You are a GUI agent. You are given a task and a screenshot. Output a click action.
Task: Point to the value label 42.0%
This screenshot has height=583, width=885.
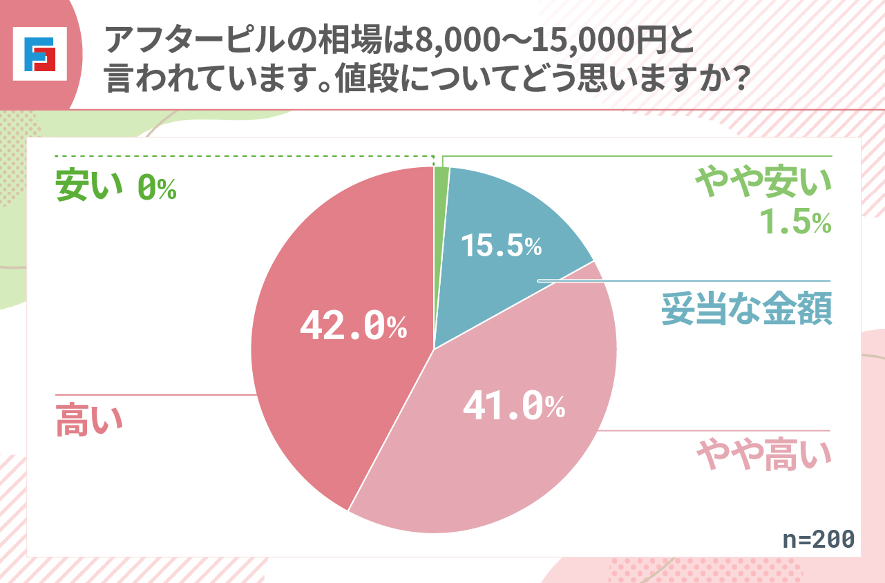pyautogui.click(x=353, y=327)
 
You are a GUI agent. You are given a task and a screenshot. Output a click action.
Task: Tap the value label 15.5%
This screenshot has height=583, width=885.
pyautogui.click(x=501, y=245)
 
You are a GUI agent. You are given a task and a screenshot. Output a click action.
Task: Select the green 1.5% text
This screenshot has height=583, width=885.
pyautogui.click(x=794, y=221)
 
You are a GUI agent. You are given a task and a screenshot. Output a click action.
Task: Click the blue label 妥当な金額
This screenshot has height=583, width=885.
pyautogui.click(x=746, y=309)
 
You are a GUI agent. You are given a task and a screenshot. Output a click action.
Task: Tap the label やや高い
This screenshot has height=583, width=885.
pyautogui.click(x=763, y=455)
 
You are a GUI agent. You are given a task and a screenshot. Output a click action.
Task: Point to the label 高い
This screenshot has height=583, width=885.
pyautogui.click(x=88, y=420)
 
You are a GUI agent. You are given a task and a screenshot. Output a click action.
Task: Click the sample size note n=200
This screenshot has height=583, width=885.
pyautogui.click(x=819, y=539)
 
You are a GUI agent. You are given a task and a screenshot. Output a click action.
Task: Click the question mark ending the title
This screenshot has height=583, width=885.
pyautogui.click(x=738, y=82)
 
